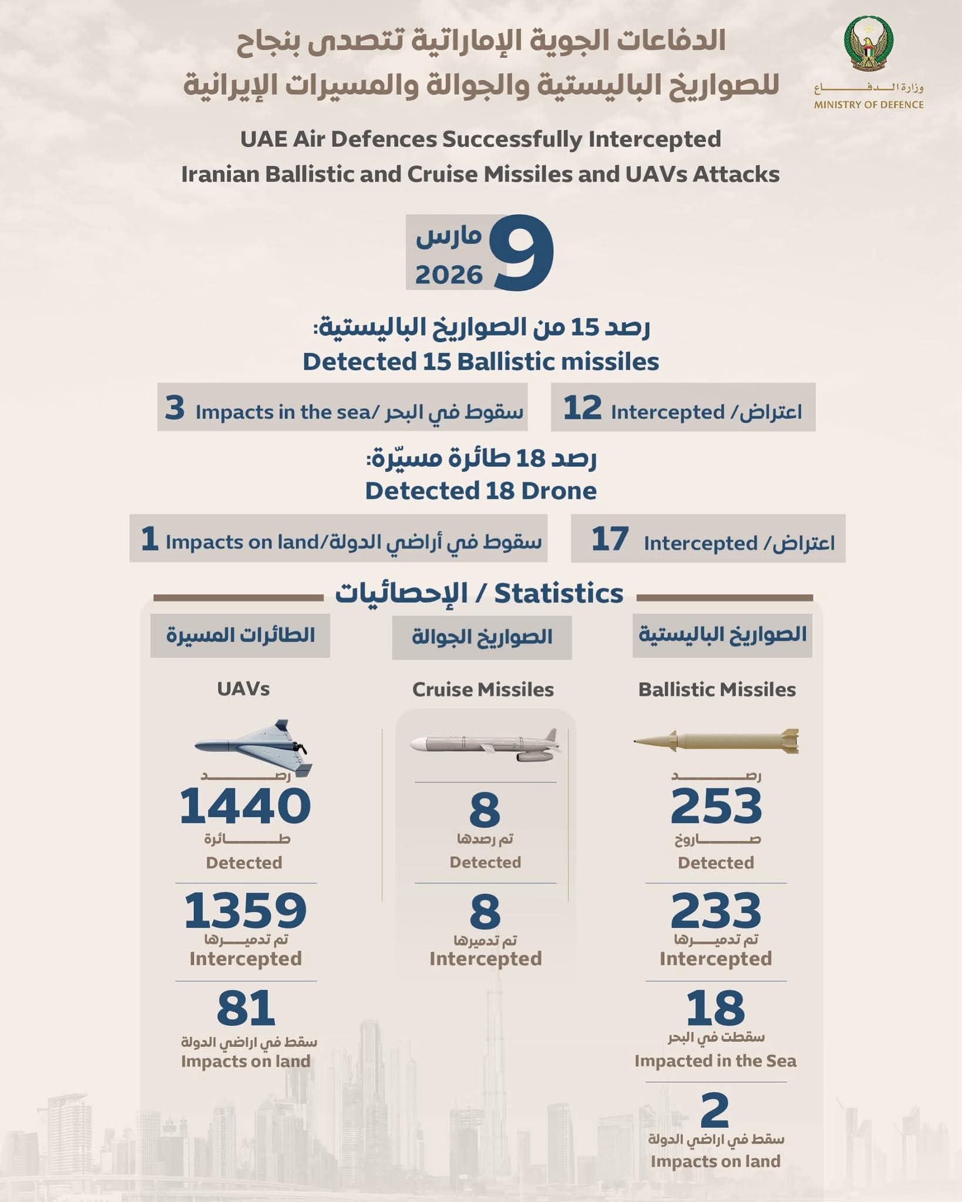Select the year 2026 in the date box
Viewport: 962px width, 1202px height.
pyautogui.click(x=449, y=275)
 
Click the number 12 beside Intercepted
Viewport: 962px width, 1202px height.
pyautogui.click(x=582, y=408)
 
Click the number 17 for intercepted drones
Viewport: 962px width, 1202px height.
pyautogui.click(x=610, y=539)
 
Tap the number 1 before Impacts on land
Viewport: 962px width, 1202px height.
pyautogui.click(x=149, y=539)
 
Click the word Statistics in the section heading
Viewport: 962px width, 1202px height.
pyautogui.click(x=558, y=593)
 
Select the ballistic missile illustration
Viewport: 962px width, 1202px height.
pyautogui.click(x=717, y=742)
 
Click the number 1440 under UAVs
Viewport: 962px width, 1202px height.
pyautogui.click(x=245, y=806)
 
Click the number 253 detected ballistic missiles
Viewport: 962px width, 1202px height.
pyautogui.click(x=716, y=806)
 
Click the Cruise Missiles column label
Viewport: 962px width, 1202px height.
pyautogui.click(x=483, y=689)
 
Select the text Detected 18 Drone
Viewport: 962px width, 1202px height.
pyautogui.click(x=480, y=491)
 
